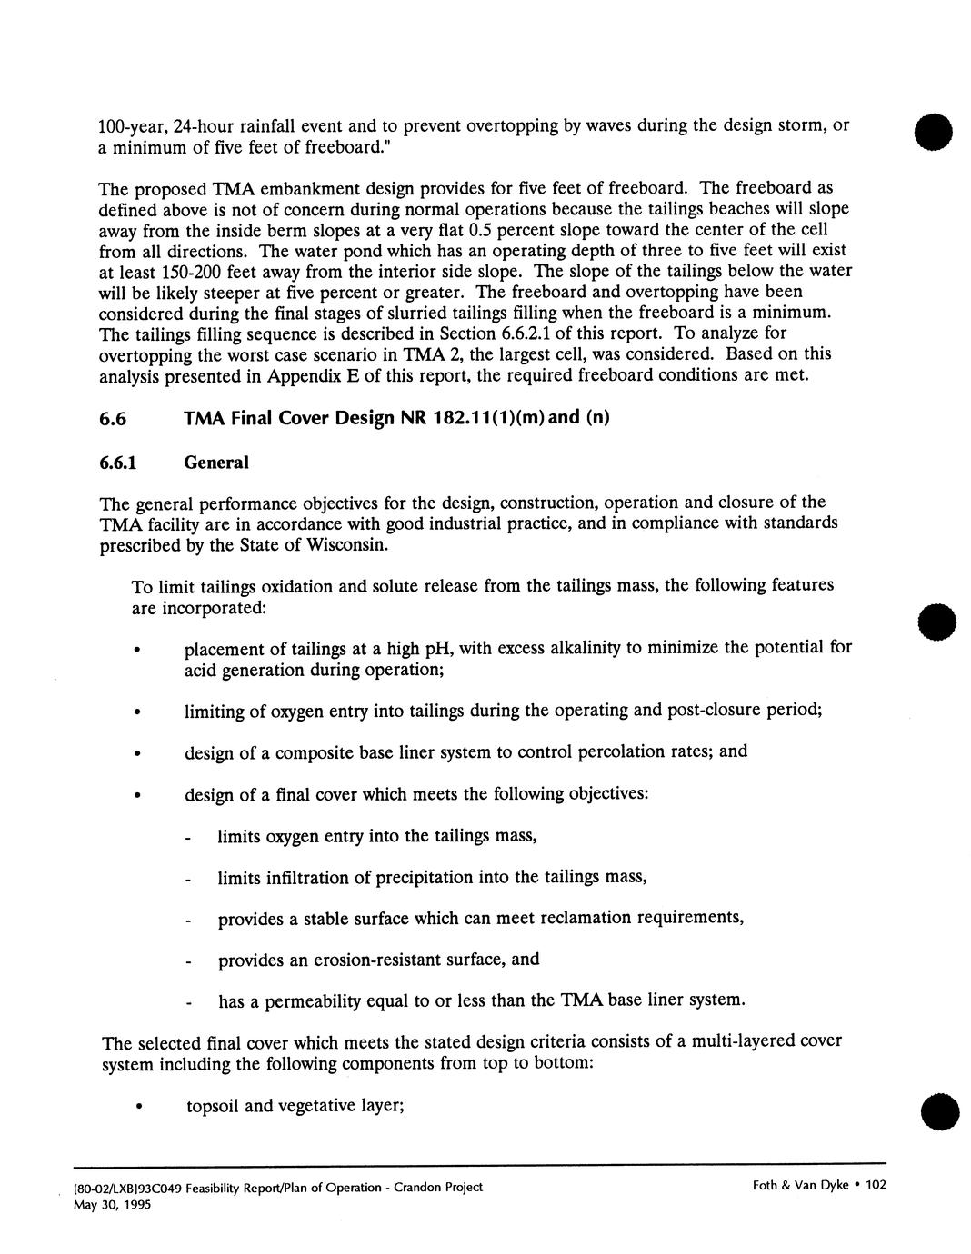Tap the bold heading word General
[x=215, y=463]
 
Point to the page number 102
[x=875, y=1185]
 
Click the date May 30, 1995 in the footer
[x=112, y=1205]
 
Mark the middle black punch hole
[x=936, y=622]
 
